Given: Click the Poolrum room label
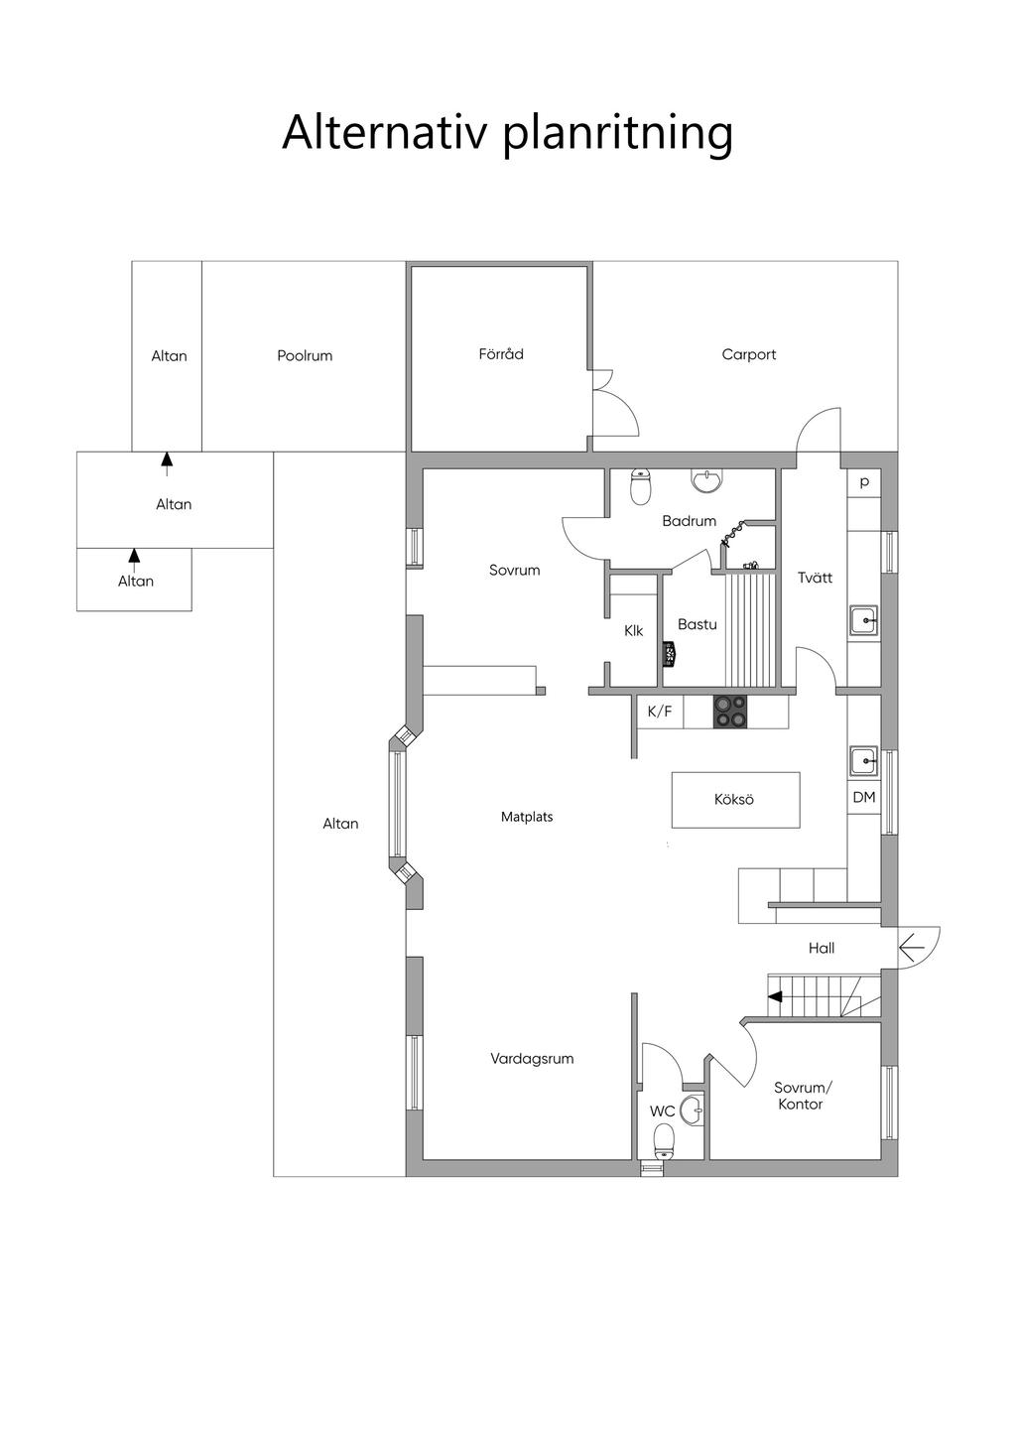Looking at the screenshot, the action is tap(305, 355).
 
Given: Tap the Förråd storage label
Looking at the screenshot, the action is tap(501, 353).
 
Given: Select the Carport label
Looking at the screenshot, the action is tap(748, 354).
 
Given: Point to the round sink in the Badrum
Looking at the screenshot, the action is tap(706, 481).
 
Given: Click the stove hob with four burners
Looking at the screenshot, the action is tap(730, 713).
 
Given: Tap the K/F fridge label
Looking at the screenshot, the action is tap(660, 711).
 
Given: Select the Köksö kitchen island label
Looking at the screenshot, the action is tap(734, 799).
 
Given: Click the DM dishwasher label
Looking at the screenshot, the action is tap(864, 797).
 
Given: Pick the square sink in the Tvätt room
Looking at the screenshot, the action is tap(864, 620).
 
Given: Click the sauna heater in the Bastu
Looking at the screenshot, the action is tap(670, 655).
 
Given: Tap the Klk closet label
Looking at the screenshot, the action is tap(634, 631).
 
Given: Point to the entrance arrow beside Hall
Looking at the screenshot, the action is tap(912, 948).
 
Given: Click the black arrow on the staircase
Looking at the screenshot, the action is tap(775, 997).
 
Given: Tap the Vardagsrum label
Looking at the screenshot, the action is tap(532, 1059).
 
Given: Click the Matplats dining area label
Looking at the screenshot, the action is tap(527, 817).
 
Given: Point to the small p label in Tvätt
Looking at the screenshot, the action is tap(864, 482).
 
